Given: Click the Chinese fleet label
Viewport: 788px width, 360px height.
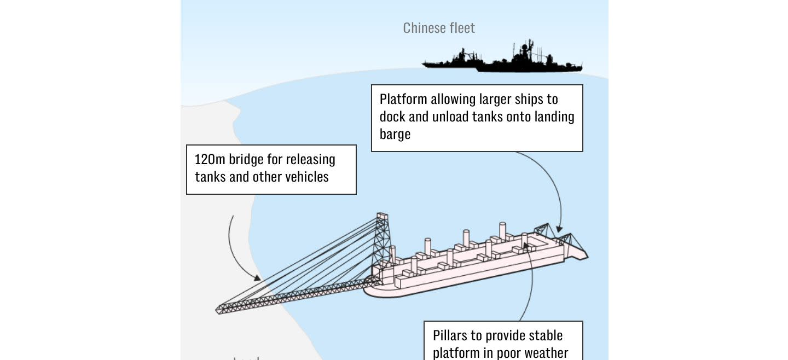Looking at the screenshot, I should pyautogui.click(x=439, y=28).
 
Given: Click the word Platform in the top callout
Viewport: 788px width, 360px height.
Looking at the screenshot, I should pyautogui.click(x=403, y=100).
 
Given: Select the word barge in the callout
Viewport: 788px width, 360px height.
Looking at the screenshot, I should pyautogui.click(x=395, y=134).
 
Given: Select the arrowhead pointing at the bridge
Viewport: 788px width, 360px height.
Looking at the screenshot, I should pyautogui.click(x=257, y=277).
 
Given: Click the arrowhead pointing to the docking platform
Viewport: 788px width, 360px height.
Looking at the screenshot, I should pyautogui.click(x=559, y=229).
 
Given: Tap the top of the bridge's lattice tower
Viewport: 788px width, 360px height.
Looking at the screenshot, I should pyautogui.click(x=382, y=216).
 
